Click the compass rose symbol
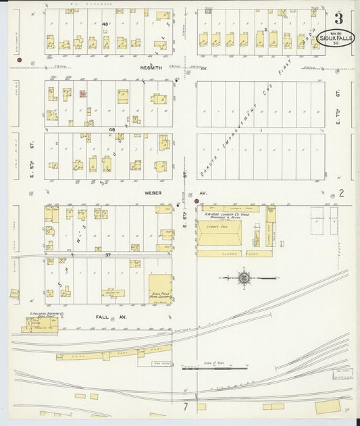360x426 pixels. (243, 277)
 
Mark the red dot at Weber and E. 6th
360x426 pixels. (197, 201)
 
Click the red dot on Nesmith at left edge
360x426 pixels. (20, 61)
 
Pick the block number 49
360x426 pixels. (105, 24)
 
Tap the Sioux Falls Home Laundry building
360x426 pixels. (159, 288)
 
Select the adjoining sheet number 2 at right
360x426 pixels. (342, 193)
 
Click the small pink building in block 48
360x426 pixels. (83, 95)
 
